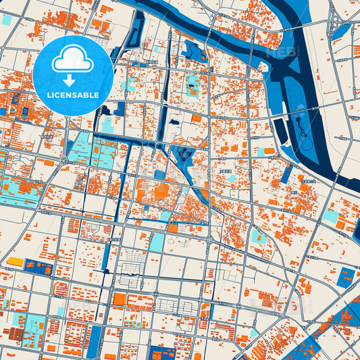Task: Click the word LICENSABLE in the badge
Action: [73, 95]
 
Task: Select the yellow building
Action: [15, 261]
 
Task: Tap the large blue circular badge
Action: [73, 75]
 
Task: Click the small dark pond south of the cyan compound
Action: [175, 123]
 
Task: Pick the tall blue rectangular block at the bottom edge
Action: [95, 341]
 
